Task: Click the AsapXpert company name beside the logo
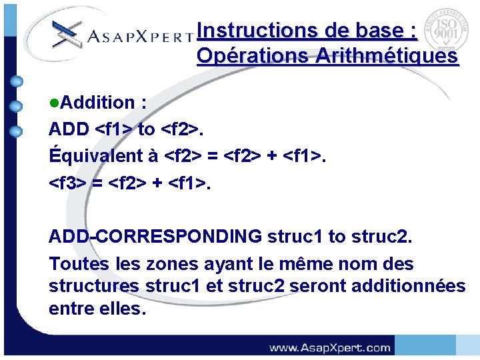coord(140,36)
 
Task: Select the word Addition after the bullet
coord(97,103)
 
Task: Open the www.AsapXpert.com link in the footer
coord(329,347)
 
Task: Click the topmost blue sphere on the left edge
coord(17,82)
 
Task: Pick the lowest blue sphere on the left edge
coord(17,131)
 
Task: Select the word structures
coord(94,286)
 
